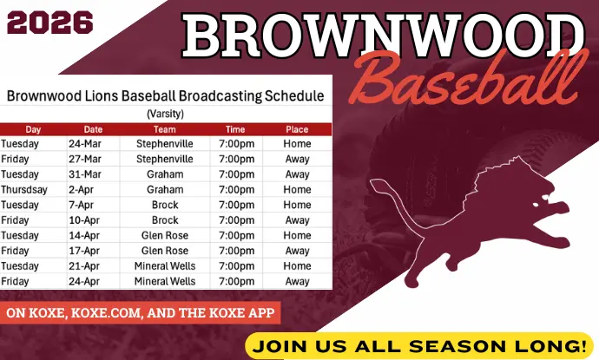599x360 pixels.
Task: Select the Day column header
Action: coord(33,129)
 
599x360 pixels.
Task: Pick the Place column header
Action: coord(297,129)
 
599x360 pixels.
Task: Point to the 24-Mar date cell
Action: coord(86,144)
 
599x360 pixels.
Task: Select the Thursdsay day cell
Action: coord(24,190)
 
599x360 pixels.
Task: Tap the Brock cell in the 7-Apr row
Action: coord(165,206)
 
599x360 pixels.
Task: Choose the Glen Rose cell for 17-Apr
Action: coord(165,251)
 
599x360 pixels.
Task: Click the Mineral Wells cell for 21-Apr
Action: coord(165,266)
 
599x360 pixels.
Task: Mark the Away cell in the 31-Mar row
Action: coord(297,174)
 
